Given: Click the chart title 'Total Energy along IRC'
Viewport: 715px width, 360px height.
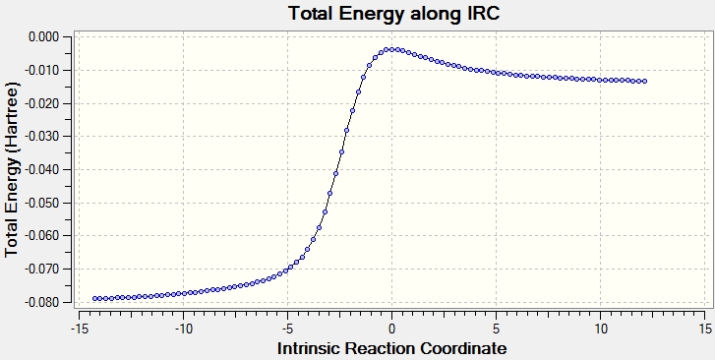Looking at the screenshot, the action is coord(394,13).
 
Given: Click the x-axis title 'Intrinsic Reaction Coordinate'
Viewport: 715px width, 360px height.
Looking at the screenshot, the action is coord(392,349).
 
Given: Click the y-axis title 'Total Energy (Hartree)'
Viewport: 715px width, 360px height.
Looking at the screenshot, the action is coord(13,169).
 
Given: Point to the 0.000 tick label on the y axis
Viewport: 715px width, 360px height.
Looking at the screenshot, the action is coord(44,37).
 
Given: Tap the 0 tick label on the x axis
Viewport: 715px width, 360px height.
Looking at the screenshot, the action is coord(391,329).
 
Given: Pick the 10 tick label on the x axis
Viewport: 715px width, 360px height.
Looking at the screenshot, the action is coord(601,329).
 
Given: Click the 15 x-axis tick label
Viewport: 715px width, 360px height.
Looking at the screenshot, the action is coord(704,329).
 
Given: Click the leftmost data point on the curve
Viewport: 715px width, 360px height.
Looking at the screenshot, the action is coord(94,298).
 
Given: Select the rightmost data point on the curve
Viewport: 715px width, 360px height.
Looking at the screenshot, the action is coord(645,82).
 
